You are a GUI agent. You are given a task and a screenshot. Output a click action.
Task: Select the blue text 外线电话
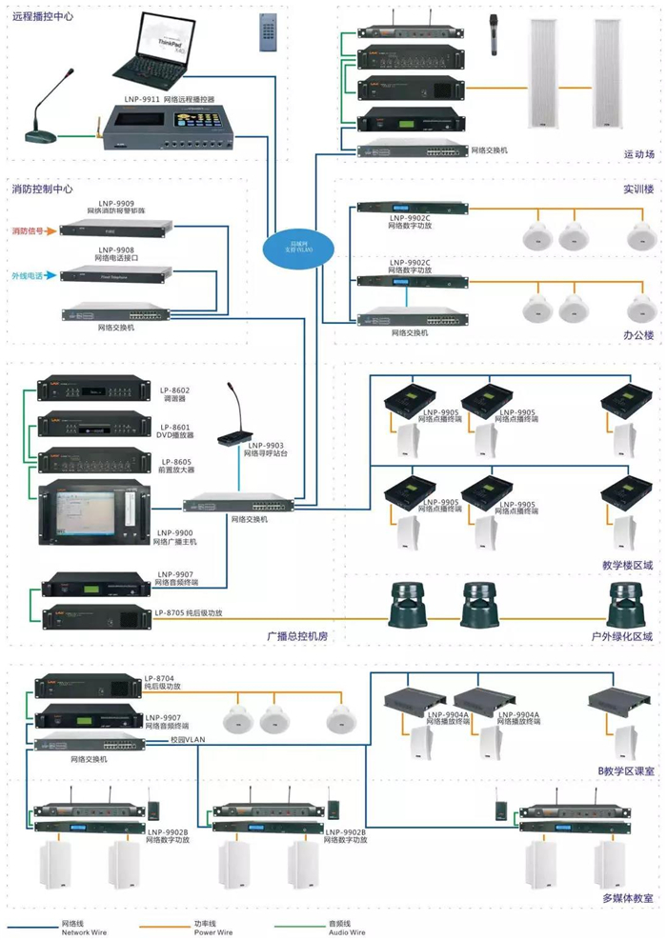point(30,276)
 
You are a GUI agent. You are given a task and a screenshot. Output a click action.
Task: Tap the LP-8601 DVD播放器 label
point(174,430)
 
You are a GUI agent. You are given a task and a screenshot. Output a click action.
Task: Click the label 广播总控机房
point(297,633)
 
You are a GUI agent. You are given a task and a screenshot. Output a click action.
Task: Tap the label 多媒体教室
point(627,897)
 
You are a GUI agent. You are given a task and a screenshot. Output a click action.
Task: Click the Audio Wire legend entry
point(343,928)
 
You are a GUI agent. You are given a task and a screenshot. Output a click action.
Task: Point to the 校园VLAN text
point(189,739)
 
